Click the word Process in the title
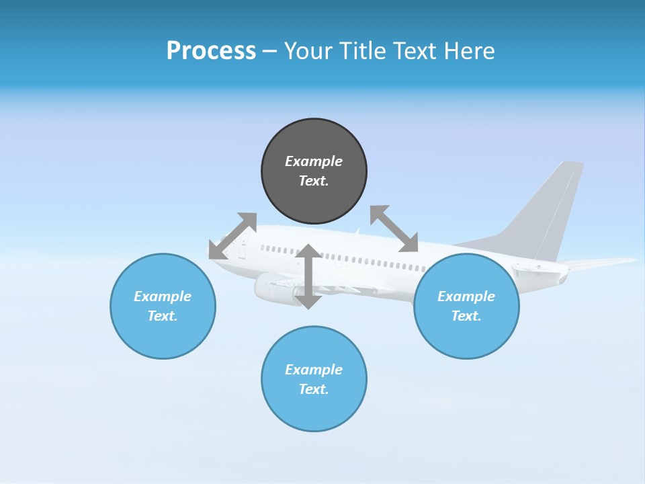click(x=211, y=51)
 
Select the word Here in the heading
click(x=468, y=51)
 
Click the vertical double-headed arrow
click(x=308, y=276)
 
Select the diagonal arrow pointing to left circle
click(x=232, y=236)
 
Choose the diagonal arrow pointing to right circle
click(x=394, y=229)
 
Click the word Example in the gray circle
click(x=314, y=161)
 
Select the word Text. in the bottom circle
click(x=314, y=389)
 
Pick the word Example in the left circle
click(x=163, y=296)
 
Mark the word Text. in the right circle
click(x=466, y=316)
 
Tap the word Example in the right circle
click(x=466, y=296)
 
